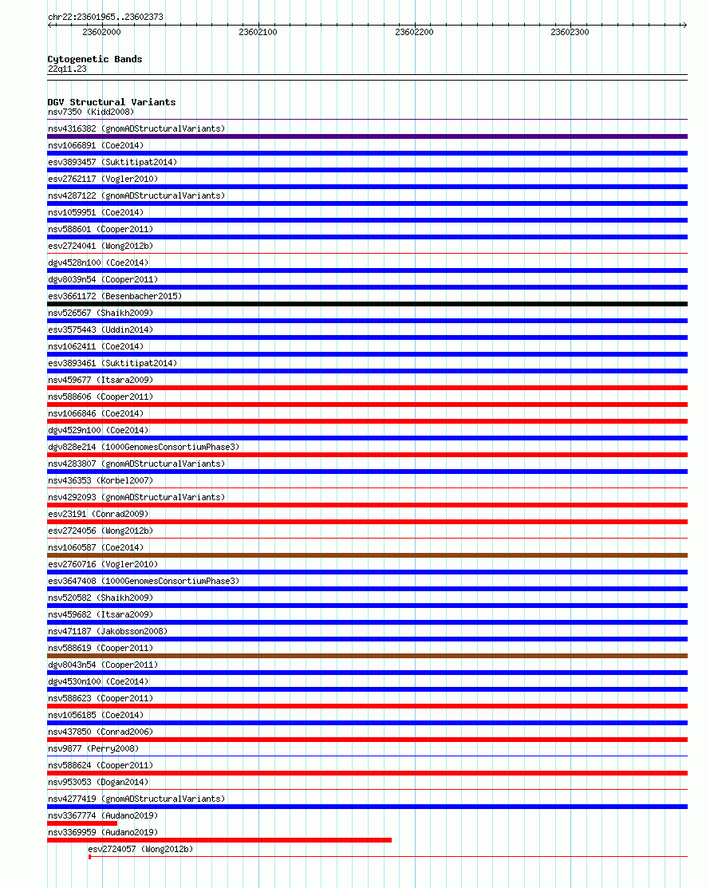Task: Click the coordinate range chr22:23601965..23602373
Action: tap(106, 17)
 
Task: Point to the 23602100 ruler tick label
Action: tap(258, 33)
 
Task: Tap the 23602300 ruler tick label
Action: tap(570, 33)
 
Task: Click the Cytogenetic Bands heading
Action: tap(95, 59)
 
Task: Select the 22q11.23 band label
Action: tap(67, 69)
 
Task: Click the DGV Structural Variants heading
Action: tap(112, 102)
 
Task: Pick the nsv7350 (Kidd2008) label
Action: tap(91, 112)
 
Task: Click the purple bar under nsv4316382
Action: tap(367, 136)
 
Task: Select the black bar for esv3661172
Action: tap(367, 304)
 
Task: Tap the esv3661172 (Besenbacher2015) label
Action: tap(115, 296)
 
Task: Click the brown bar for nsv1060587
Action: tap(367, 555)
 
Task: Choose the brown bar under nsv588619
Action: tap(367, 656)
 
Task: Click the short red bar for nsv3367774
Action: tap(82, 823)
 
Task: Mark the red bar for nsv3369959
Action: tap(219, 840)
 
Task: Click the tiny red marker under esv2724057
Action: tap(89, 857)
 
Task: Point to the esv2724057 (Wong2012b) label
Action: tap(140, 849)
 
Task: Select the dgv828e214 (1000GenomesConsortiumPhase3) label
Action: tap(144, 447)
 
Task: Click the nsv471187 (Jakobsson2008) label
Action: tap(108, 631)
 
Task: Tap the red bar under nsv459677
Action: tap(367, 388)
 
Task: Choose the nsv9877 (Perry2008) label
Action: tap(93, 748)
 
